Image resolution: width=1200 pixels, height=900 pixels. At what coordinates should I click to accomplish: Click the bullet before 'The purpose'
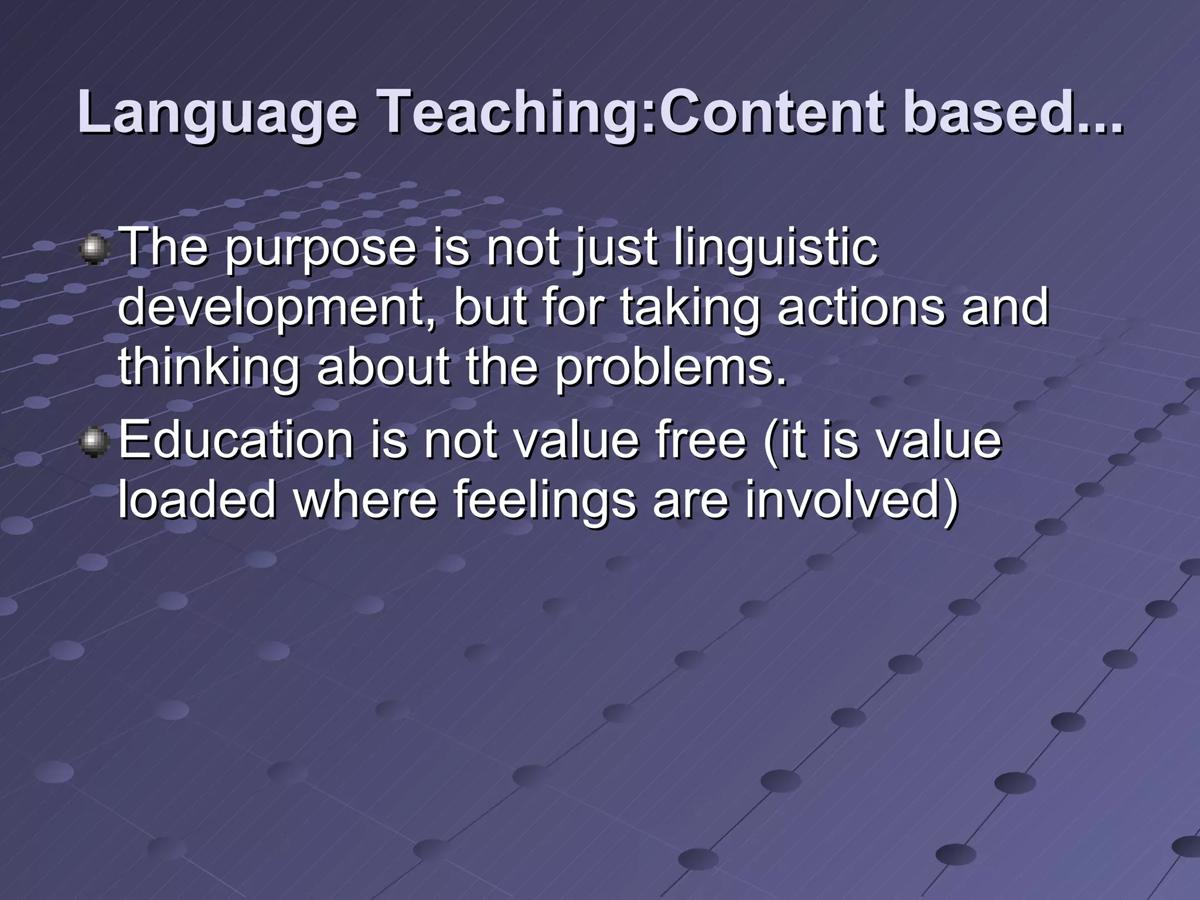93,250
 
